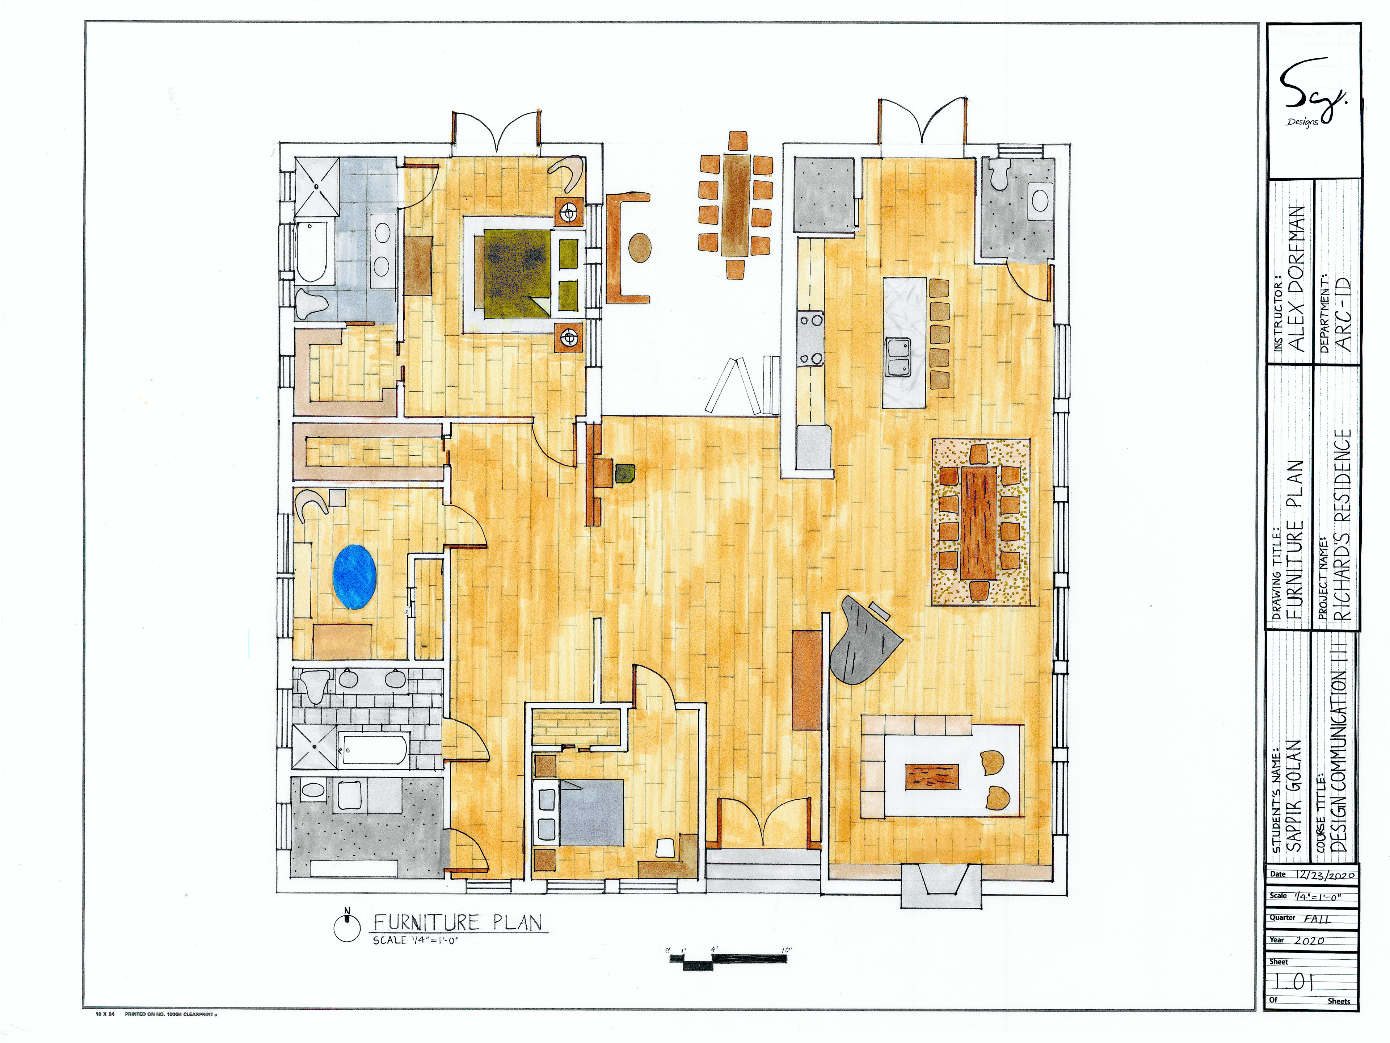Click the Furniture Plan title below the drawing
(x=458, y=922)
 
